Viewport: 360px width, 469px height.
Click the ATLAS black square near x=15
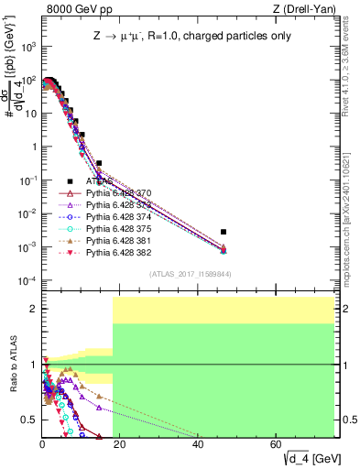click(99, 163)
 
